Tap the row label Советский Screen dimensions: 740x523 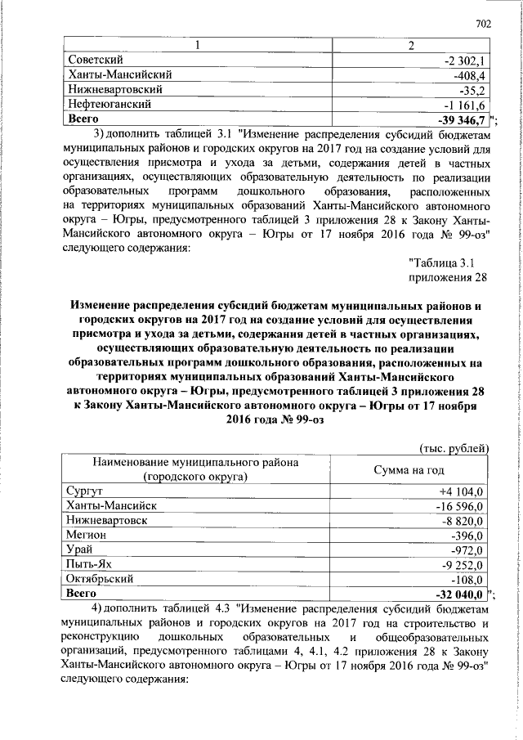(x=96, y=60)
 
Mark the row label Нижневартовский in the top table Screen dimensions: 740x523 (x=114, y=90)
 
